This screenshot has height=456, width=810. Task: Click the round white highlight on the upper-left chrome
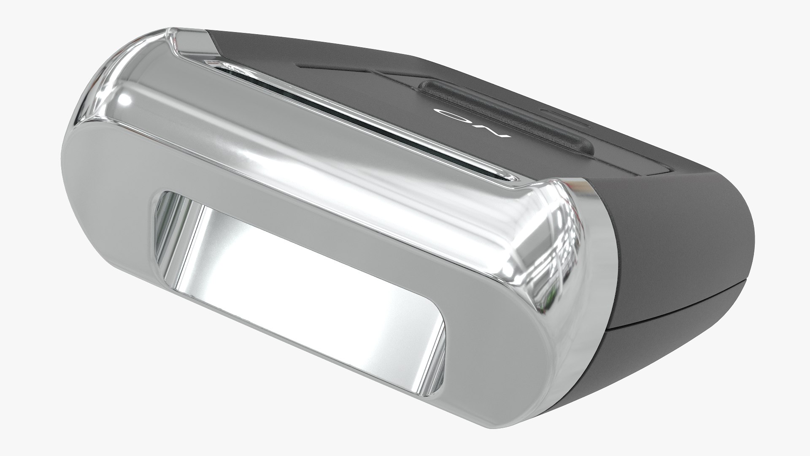pos(124,101)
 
